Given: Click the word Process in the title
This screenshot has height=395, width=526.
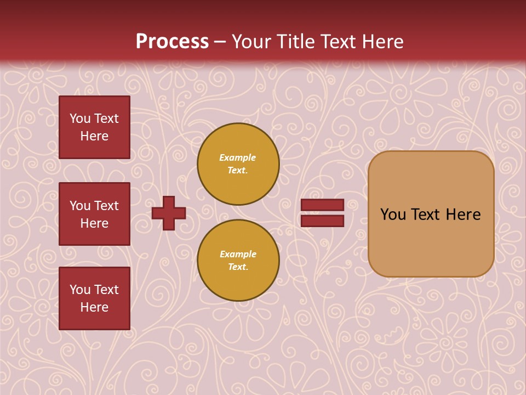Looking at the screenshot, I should (x=172, y=42).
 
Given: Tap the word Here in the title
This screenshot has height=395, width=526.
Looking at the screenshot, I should (x=381, y=42).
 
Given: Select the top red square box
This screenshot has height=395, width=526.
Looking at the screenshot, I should (x=94, y=127).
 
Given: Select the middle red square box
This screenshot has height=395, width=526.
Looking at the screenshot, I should (x=94, y=214).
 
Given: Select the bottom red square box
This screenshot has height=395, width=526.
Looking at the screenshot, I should (x=94, y=298).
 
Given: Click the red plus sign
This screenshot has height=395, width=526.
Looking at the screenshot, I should (x=169, y=213).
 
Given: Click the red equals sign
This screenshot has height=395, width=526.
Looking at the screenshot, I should (x=323, y=213).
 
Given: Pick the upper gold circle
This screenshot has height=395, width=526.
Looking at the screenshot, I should (x=238, y=164).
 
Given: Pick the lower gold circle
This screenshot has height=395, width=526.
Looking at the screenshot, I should (x=238, y=261).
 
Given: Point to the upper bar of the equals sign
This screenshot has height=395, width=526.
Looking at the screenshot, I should (x=323, y=205).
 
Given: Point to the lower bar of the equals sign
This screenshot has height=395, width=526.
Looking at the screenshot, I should (x=323, y=221).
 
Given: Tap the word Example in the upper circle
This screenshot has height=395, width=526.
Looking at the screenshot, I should (x=238, y=157).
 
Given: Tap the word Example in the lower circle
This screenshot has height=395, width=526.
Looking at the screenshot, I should (x=238, y=254).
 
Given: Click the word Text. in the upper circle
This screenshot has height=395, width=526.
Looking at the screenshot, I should (x=238, y=170).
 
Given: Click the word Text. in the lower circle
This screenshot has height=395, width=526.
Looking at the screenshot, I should (x=238, y=267).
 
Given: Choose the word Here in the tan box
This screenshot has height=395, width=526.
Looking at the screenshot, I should (x=463, y=215).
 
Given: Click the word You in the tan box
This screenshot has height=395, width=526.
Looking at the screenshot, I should (x=393, y=215).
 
